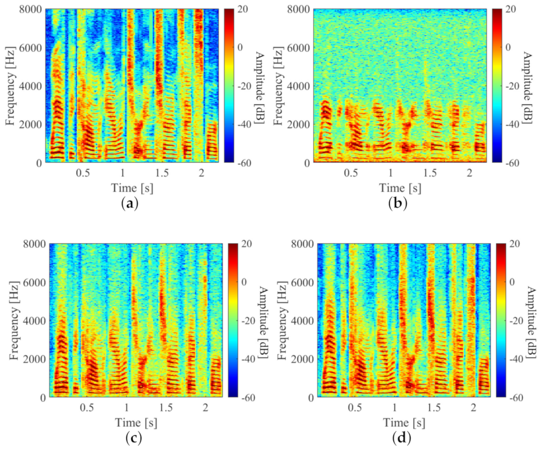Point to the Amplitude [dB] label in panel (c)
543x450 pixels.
click(x=262, y=320)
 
